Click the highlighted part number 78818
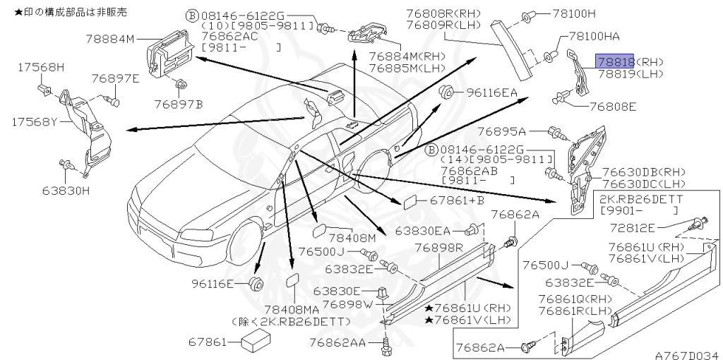click(615, 61)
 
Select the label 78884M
click(109, 40)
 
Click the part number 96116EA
click(491, 92)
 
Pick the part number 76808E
click(612, 107)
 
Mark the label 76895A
click(502, 131)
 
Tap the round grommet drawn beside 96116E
click(257, 284)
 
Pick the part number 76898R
click(438, 248)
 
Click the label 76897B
click(179, 104)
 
